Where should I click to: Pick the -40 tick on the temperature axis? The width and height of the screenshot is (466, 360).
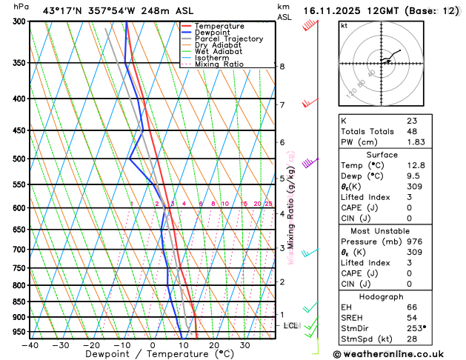[30, 345]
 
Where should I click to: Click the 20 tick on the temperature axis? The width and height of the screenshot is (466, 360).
[213, 345]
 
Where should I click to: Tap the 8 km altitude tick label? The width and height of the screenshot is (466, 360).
[282, 66]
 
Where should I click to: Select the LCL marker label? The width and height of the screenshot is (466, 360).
[291, 325]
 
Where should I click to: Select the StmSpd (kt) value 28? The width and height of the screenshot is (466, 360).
[411, 340]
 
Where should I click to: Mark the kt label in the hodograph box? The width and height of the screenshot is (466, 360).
[344, 25]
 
